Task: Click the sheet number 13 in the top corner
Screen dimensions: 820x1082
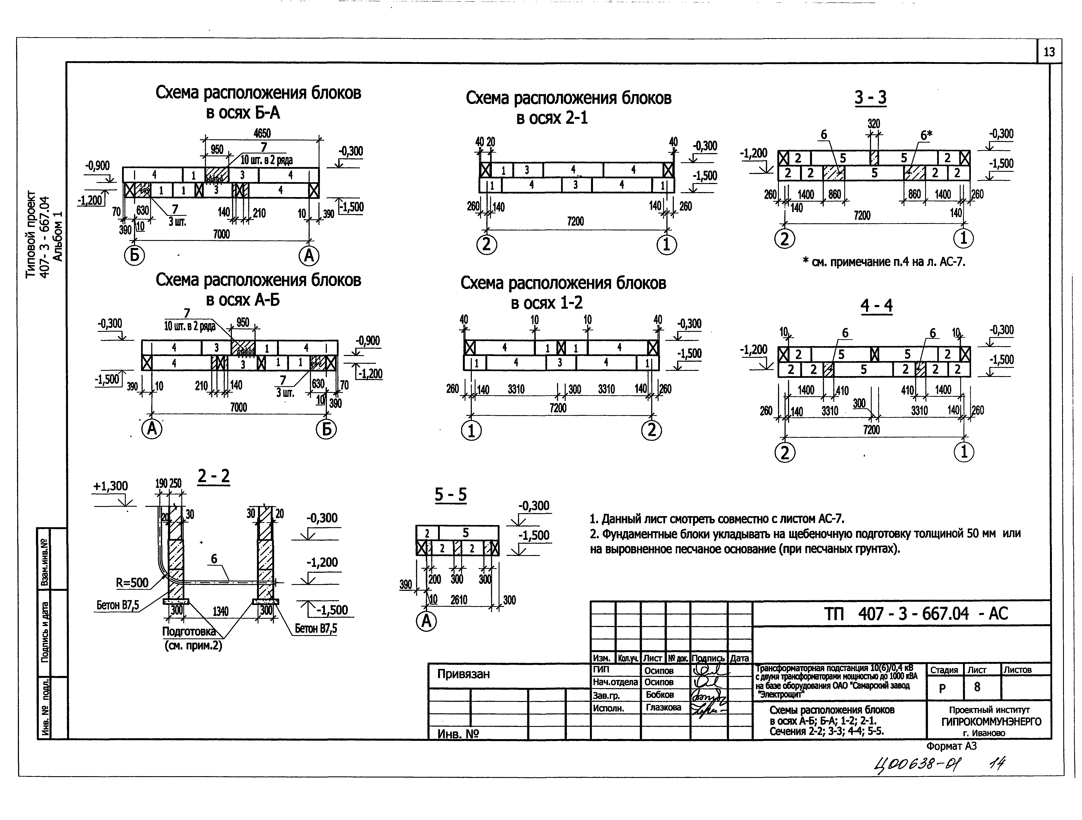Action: point(1049,52)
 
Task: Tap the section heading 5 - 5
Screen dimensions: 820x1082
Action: point(450,495)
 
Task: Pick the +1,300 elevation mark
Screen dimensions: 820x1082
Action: point(110,486)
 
